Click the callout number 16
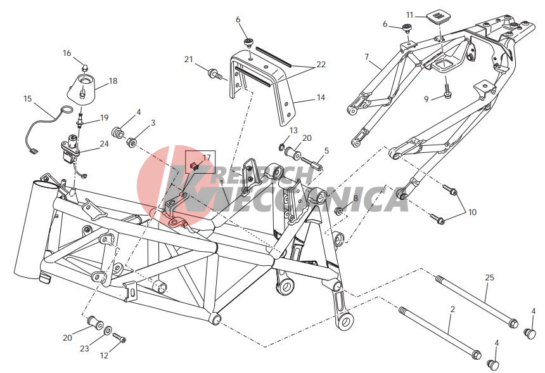pos(67,53)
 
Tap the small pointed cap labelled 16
pos(84,67)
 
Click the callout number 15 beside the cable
pos(27,98)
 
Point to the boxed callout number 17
pos(207,157)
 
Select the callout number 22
pos(321,64)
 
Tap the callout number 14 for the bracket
pos(321,98)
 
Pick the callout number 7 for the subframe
pos(367,56)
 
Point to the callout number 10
pos(472,212)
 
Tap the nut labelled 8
pos(338,211)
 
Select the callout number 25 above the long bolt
pos(489,278)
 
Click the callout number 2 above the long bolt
pos(452,309)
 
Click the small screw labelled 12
pos(119,337)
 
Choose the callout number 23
pos(84,348)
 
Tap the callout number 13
pos(293,131)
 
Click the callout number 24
pos(104,144)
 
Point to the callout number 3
pos(153,123)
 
